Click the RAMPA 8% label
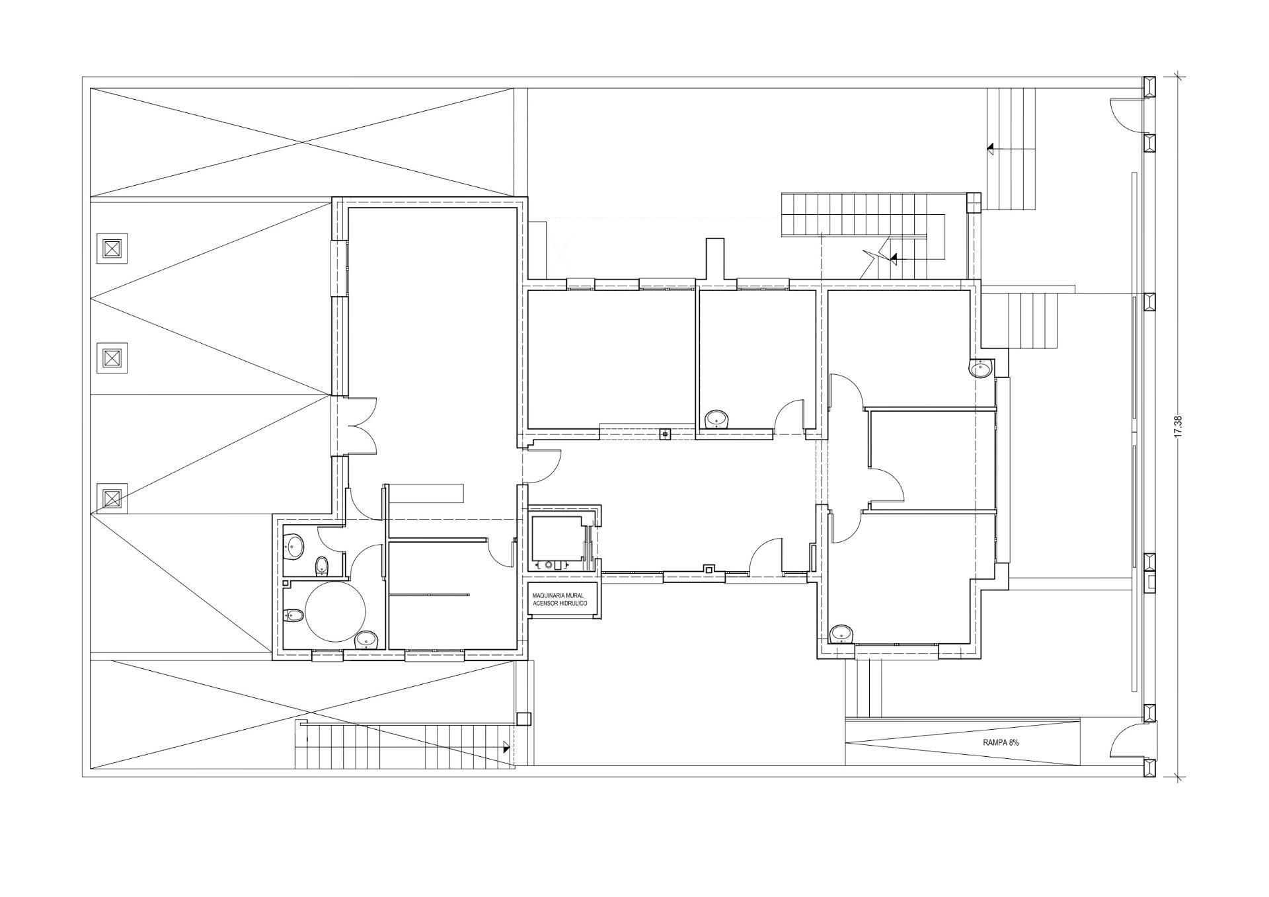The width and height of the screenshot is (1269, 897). click(1001, 742)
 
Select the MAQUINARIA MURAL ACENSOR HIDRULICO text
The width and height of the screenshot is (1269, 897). click(560, 600)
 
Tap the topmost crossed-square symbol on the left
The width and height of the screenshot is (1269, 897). click(112, 249)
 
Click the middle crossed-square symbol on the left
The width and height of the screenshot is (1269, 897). click(112, 358)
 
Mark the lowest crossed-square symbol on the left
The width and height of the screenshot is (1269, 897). click(112, 498)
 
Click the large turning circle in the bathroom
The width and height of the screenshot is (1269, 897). click(336, 611)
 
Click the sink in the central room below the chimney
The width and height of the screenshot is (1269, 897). click(717, 419)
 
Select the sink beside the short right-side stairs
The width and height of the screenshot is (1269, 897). click(982, 368)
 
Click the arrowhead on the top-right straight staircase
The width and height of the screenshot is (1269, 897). click(991, 149)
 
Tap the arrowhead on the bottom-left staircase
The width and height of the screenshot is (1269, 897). click(506, 748)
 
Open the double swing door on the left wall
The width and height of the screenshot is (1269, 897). click(362, 426)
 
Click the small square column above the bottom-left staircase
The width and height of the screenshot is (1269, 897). click(523, 719)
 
